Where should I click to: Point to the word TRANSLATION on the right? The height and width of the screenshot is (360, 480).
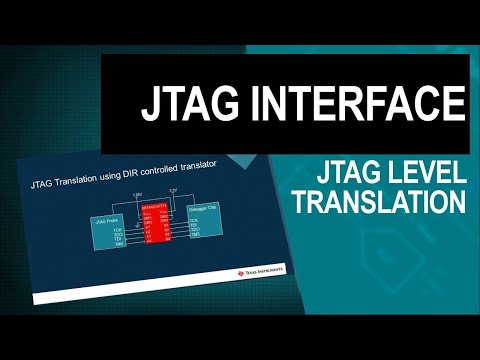[x=388, y=201]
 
